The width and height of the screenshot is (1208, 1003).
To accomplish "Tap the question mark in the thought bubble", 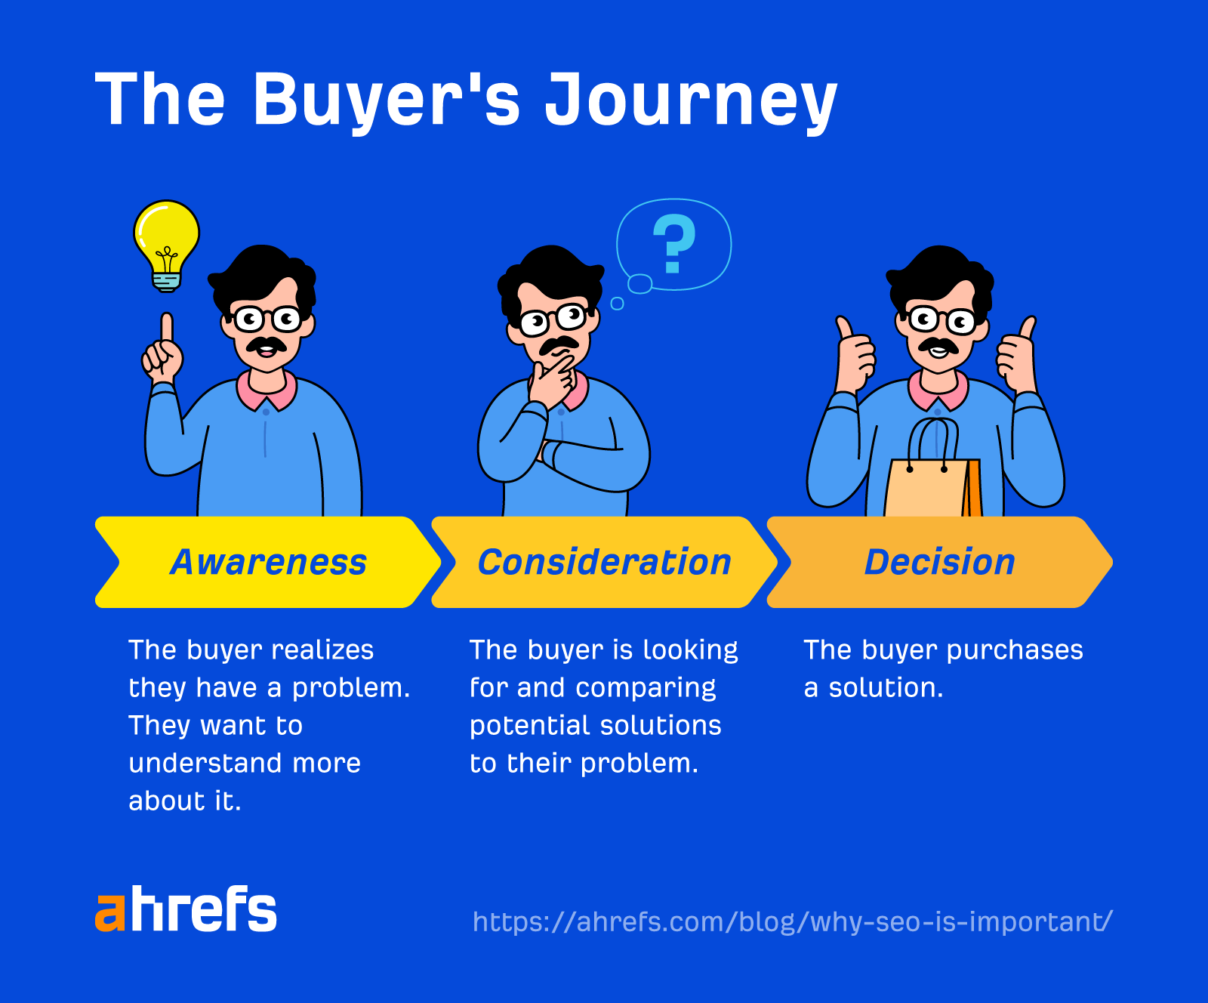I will click(x=673, y=243).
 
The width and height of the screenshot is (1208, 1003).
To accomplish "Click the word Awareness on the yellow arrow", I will click(x=269, y=563).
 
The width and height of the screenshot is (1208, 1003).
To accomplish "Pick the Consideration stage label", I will click(x=605, y=563).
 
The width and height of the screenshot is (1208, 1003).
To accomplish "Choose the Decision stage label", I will click(x=940, y=563).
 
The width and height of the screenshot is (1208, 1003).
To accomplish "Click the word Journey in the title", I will click(x=691, y=100).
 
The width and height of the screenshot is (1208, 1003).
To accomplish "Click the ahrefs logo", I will click(x=186, y=909).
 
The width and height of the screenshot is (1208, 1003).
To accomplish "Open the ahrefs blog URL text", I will click(x=792, y=922).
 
